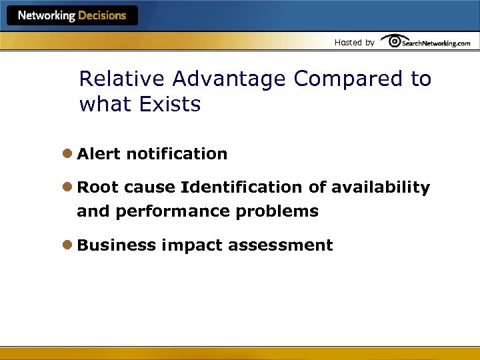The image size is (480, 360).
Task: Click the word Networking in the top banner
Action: [46, 15]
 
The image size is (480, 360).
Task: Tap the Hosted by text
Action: [354, 43]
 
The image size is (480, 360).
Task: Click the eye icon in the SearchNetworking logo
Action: [394, 41]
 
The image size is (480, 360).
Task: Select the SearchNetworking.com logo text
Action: [437, 43]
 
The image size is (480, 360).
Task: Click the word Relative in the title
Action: [121, 79]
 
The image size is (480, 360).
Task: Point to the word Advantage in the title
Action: [229, 79]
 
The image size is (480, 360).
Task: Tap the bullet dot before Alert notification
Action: [67, 153]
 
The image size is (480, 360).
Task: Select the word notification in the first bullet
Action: [177, 154]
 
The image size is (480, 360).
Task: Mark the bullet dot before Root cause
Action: [67, 187]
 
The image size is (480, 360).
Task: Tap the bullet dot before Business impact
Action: [67, 245]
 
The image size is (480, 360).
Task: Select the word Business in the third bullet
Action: [117, 245]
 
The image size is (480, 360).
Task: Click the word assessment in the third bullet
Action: [280, 245]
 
